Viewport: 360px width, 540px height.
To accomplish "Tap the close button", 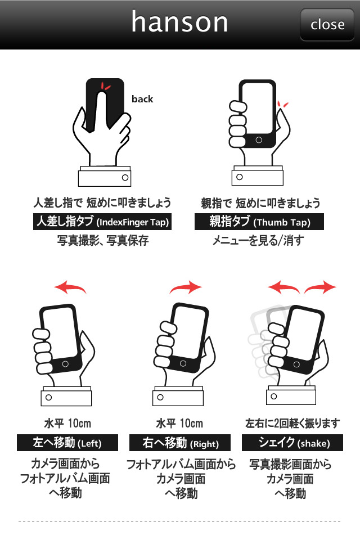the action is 327,24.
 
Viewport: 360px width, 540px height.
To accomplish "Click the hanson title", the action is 179,22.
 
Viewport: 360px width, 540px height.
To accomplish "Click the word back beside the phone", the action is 142,99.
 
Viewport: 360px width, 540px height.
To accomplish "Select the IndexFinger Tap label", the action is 102,222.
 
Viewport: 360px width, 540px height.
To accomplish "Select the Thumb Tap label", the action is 259,222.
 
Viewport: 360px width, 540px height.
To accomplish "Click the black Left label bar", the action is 67,443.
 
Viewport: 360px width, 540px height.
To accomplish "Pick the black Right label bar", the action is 180,443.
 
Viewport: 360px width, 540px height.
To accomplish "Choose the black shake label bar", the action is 292,443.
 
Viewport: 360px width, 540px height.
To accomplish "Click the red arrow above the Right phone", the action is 185,287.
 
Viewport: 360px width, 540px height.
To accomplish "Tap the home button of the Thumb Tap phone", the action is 259,140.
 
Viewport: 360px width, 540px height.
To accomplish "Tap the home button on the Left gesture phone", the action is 65,364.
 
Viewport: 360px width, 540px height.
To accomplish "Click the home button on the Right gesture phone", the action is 183,363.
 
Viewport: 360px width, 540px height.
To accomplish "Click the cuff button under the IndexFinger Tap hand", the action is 125,177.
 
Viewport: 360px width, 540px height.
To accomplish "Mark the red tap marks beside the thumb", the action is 282,104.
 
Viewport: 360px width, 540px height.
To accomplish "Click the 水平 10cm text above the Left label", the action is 67,423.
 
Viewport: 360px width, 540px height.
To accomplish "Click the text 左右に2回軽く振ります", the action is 292,423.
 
